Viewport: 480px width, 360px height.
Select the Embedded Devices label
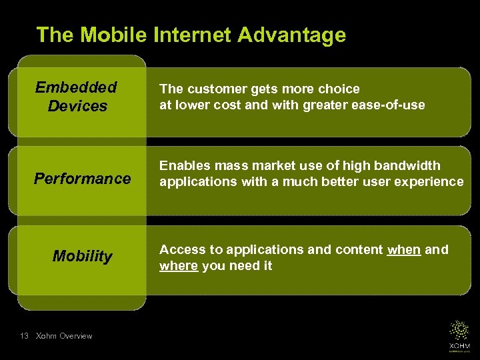tap(77, 97)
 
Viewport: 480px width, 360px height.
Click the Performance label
tap(83, 179)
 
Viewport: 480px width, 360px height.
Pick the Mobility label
tap(83, 257)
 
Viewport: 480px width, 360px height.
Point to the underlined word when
tap(404, 250)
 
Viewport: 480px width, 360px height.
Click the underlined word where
tap(179, 266)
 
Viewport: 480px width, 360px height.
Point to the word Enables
tap(183, 165)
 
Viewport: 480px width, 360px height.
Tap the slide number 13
tap(24, 336)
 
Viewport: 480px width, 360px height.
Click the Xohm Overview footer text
tap(64, 336)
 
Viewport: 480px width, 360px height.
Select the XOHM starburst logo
tap(459, 332)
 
